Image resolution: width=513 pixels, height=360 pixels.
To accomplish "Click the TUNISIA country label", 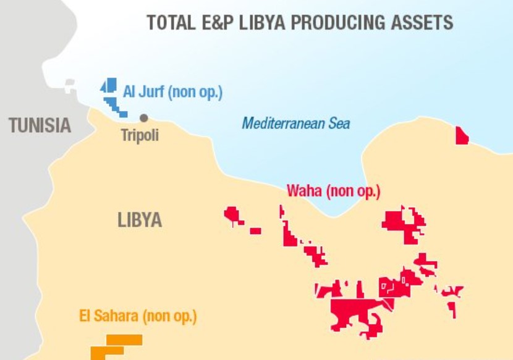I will (40, 125).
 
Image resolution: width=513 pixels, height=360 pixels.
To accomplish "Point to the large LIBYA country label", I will (140, 220).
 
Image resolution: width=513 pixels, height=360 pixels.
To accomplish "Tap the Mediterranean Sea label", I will (295, 123).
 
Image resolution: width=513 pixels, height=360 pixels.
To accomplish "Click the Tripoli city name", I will (139, 135).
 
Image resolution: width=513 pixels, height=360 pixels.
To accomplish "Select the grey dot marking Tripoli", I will (144, 117).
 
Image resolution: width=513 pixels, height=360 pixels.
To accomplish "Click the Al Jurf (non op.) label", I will (172, 92).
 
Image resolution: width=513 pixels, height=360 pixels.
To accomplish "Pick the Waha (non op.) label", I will (333, 191).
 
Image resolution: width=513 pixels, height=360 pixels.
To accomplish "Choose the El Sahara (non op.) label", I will (138, 317).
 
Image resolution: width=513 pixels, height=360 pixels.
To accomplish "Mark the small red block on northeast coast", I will (461, 136).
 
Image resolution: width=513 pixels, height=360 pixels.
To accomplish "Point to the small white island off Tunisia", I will (69, 85).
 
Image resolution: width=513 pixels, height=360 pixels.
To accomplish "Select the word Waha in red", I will (304, 191).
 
